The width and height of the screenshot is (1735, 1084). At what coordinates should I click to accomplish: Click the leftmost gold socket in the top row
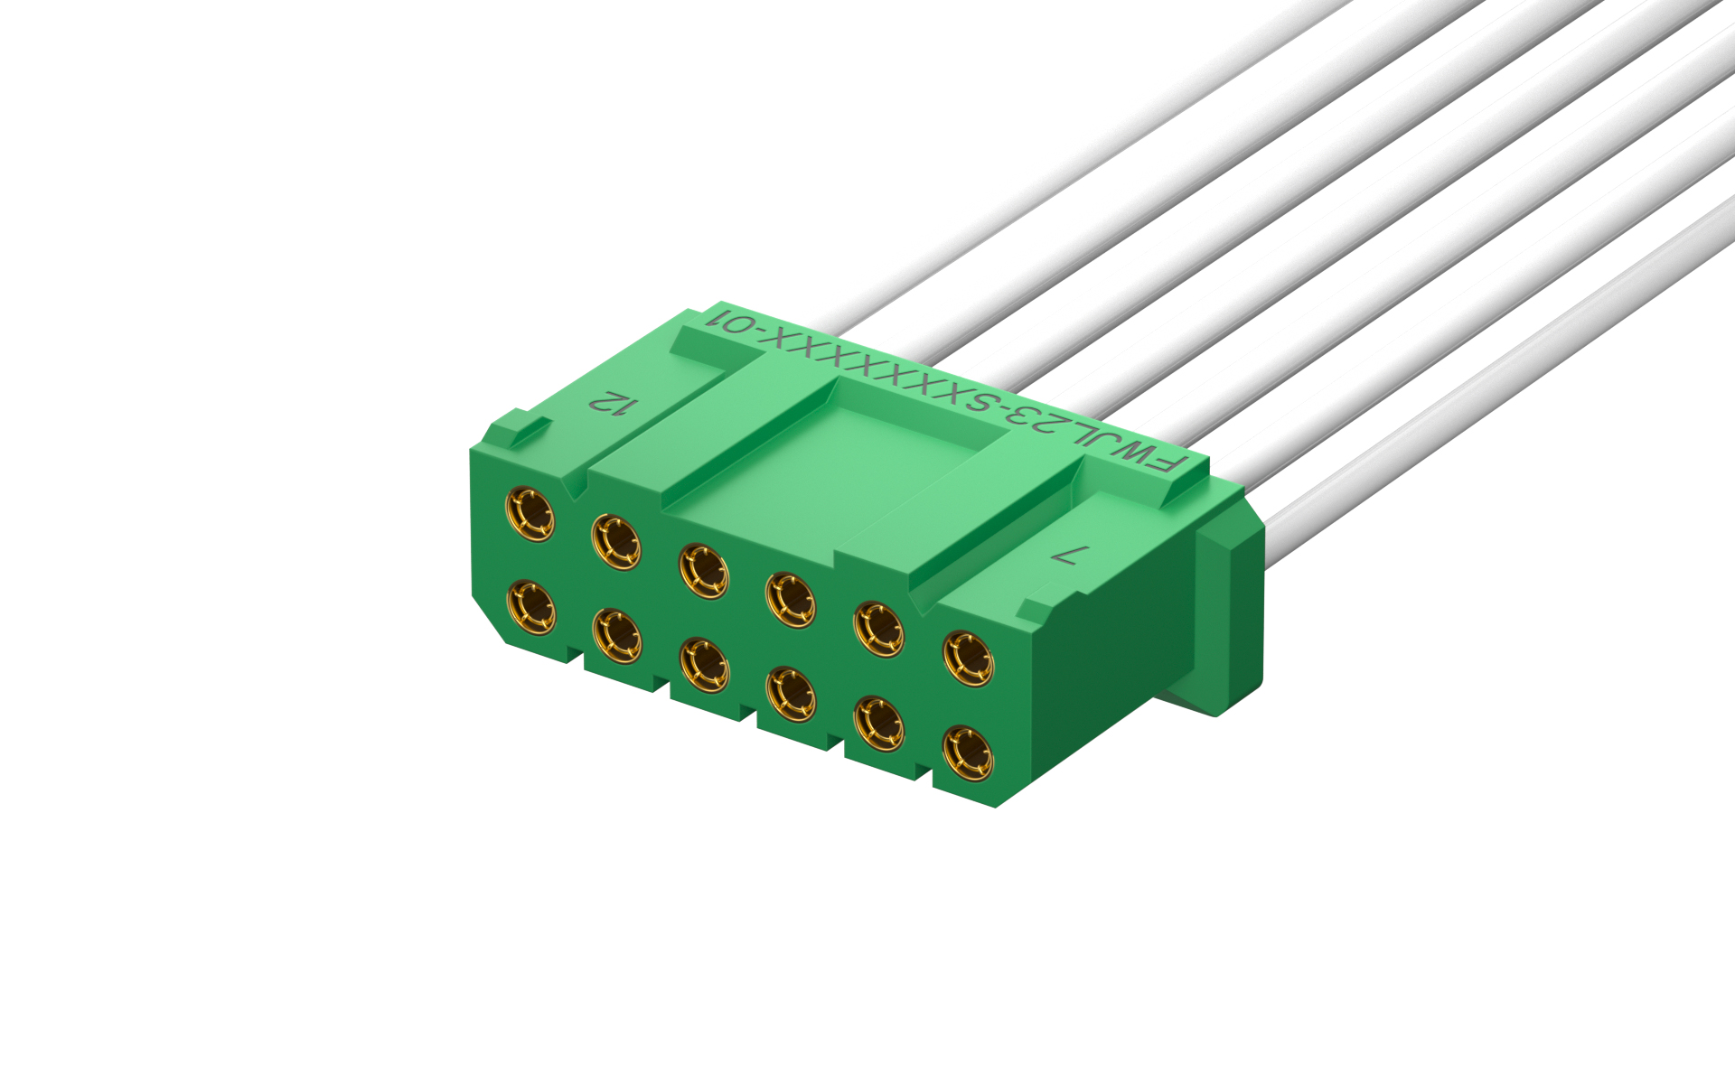530,514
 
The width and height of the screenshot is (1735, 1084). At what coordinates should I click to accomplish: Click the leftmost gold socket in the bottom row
531,607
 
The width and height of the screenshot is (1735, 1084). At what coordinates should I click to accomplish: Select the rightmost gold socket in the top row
968,659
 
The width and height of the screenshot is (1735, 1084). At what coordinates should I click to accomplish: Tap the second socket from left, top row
616,542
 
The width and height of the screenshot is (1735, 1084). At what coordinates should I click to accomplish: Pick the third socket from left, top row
704,570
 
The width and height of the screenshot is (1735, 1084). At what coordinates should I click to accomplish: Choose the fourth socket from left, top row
791,598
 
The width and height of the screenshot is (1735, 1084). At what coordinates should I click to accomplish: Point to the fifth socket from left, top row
878,628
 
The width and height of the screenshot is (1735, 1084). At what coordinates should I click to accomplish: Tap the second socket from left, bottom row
618,636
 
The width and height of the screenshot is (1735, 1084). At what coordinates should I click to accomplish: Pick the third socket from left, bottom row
705,665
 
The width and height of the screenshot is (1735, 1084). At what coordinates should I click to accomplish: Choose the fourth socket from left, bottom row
791,694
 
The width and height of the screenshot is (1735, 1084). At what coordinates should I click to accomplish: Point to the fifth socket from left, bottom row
878,723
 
